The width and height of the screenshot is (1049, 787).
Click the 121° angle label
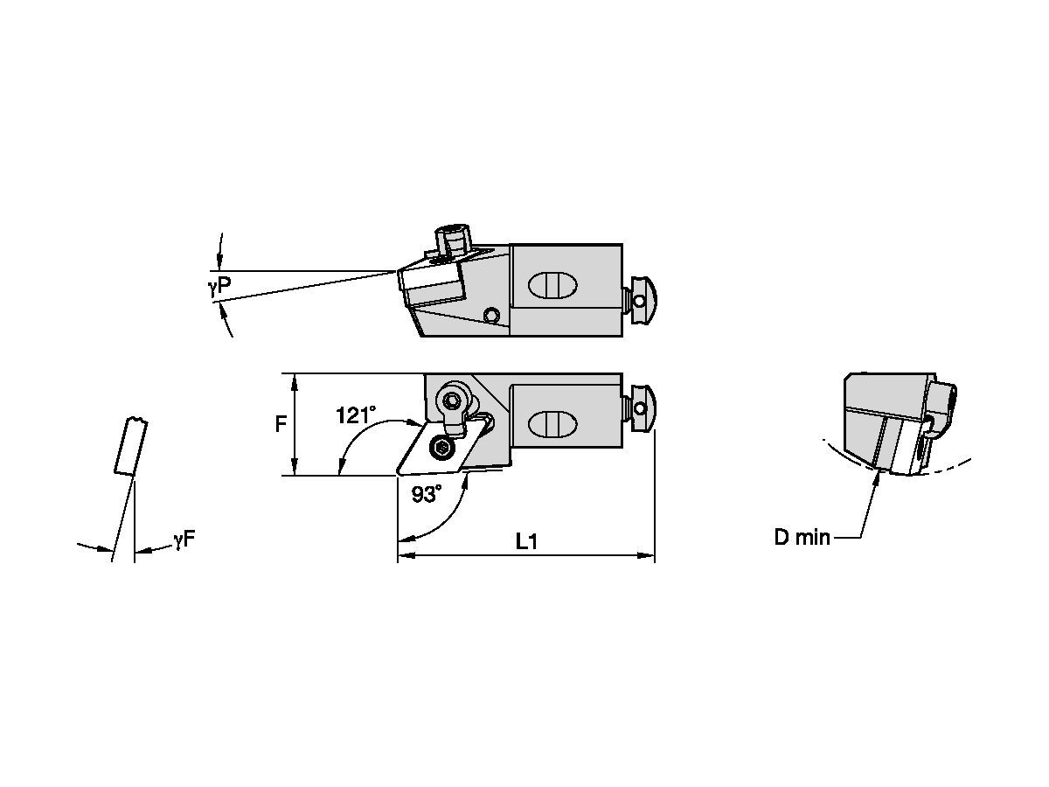[356, 415]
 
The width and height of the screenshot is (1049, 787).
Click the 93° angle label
[427, 494]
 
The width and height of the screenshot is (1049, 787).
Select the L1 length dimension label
[526, 542]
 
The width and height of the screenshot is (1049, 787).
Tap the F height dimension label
[281, 424]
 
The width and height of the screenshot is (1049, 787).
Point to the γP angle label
[219, 285]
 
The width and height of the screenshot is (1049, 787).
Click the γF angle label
[185, 540]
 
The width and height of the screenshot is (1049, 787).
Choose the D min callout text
[802, 538]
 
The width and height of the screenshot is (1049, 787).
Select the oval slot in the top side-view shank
[552, 285]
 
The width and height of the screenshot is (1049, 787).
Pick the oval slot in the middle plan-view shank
[552, 423]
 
